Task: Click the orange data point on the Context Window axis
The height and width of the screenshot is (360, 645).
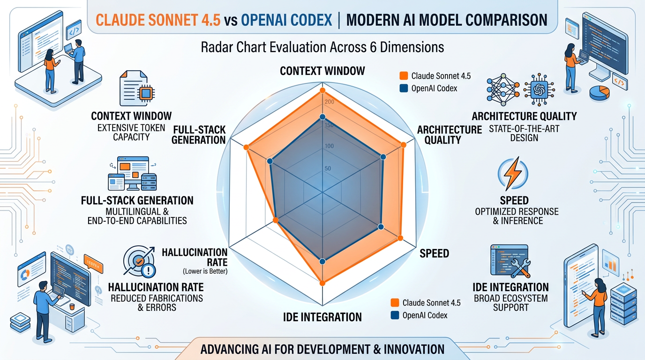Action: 322,90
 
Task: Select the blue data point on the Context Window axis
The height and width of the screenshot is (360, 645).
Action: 322,117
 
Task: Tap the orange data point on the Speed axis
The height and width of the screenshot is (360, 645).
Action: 400,238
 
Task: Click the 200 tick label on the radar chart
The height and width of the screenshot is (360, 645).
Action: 329,102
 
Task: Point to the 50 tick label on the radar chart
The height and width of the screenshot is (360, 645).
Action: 328,169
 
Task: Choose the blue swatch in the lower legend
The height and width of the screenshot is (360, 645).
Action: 394,315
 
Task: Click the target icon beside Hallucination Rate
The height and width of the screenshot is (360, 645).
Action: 139,262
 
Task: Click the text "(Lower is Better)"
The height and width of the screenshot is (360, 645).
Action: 204,271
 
